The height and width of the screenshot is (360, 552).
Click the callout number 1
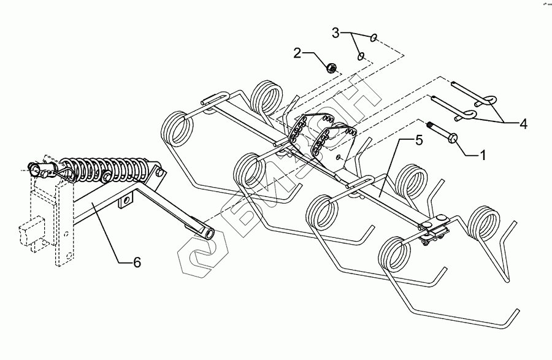483,155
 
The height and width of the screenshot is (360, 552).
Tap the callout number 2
297,53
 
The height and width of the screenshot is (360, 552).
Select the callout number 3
335,31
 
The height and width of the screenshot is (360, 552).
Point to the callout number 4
523,124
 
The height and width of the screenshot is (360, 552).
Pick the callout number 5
418,141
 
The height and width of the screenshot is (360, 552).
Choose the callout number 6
137,262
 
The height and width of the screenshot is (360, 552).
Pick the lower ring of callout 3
361,56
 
